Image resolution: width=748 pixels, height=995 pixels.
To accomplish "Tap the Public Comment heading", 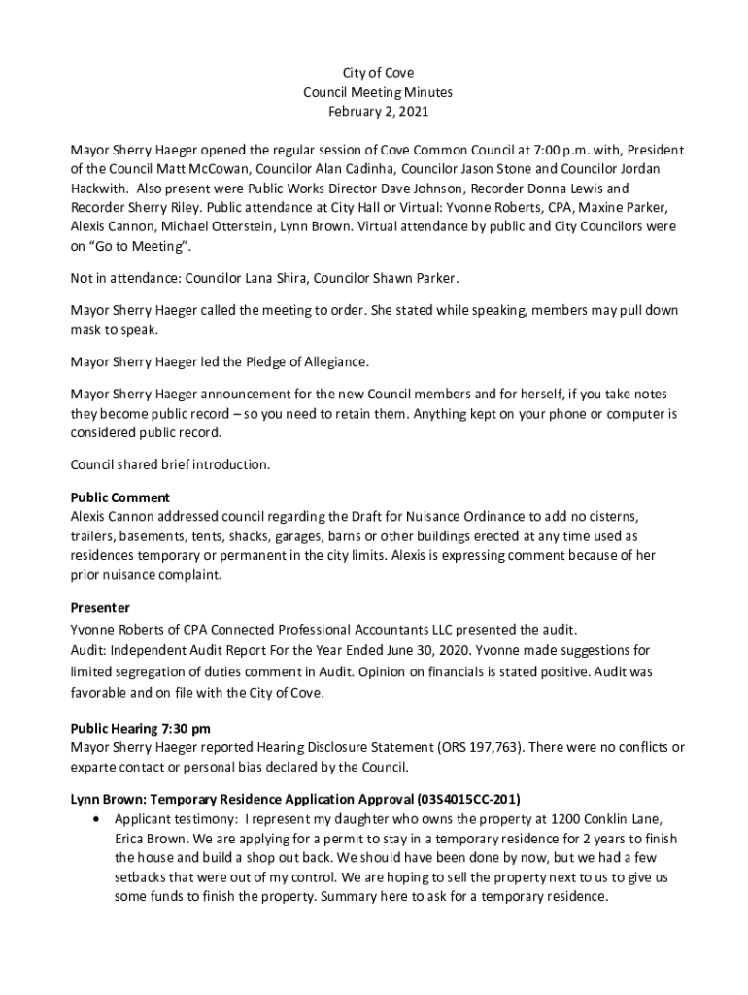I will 120,497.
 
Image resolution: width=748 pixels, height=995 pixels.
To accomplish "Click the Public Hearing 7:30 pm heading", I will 141,728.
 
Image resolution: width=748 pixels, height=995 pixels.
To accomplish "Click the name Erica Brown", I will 155,839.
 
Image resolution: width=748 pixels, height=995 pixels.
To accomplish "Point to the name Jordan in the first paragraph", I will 666,170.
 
